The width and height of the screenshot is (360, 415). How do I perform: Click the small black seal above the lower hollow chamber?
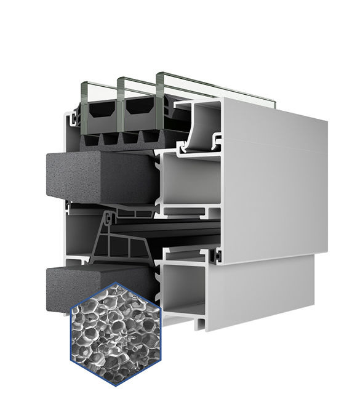point(216,254)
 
